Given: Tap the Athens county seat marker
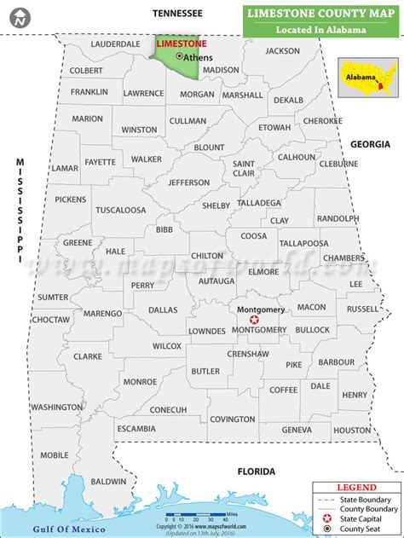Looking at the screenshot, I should (179, 56).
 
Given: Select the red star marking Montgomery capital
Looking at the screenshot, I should (253, 318).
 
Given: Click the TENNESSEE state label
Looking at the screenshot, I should (177, 13).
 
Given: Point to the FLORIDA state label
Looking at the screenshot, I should (256, 471).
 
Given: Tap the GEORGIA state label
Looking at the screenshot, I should (372, 145).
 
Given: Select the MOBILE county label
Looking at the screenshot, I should (54, 454).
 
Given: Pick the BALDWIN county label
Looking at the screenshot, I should (108, 482).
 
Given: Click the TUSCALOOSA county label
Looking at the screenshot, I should (119, 209).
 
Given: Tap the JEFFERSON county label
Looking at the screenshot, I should (188, 182).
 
